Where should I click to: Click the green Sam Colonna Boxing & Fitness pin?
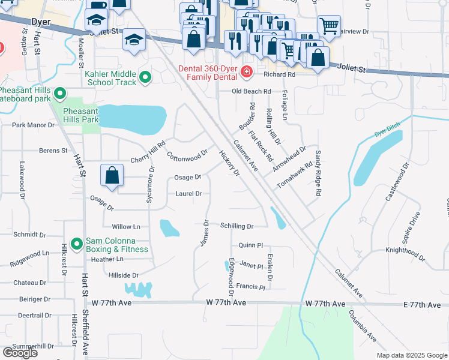[x=76, y=244]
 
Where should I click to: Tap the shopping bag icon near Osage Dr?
[x=112, y=176]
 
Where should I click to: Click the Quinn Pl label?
[x=251, y=245]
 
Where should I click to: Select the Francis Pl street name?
[x=250, y=287]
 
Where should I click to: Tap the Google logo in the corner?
[x=20, y=353]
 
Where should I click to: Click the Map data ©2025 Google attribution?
[x=411, y=355]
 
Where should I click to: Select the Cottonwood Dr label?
[x=187, y=156]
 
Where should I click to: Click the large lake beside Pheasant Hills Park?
[x=132, y=119]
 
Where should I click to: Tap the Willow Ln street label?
[x=126, y=227]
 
